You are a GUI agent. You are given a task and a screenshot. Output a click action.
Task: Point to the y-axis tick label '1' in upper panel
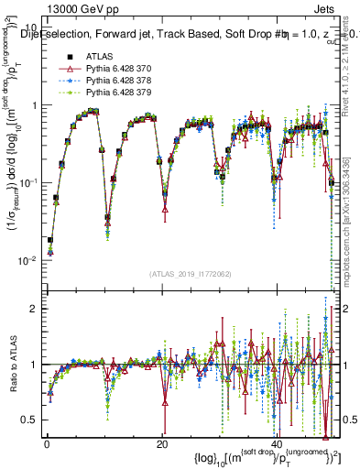click(35, 105)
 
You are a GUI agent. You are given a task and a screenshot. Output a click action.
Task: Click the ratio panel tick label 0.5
click(31, 420)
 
